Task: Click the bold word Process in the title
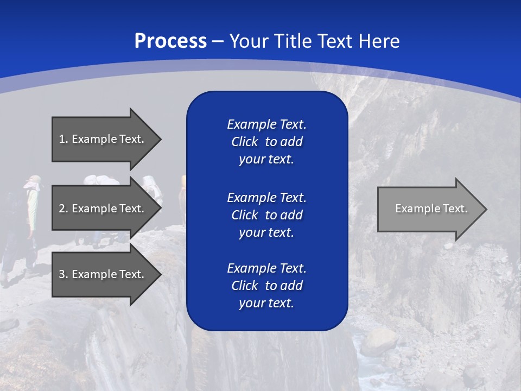click(x=170, y=41)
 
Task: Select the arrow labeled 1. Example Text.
click(x=106, y=139)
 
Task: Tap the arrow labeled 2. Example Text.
click(x=106, y=209)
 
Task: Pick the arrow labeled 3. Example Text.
click(x=106, y=274)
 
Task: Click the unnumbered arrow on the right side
click(x=431, y=209)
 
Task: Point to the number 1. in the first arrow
click(x=63, y=139)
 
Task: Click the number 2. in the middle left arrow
click(x=63, y=209)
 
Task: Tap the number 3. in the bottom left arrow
click(x=63, y=274)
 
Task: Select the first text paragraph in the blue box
click(x=266, y=142)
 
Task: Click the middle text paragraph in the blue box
click(x=266, y=215)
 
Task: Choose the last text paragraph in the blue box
click(x=266, y=286)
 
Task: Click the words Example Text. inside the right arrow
click(x=431, y=209)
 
